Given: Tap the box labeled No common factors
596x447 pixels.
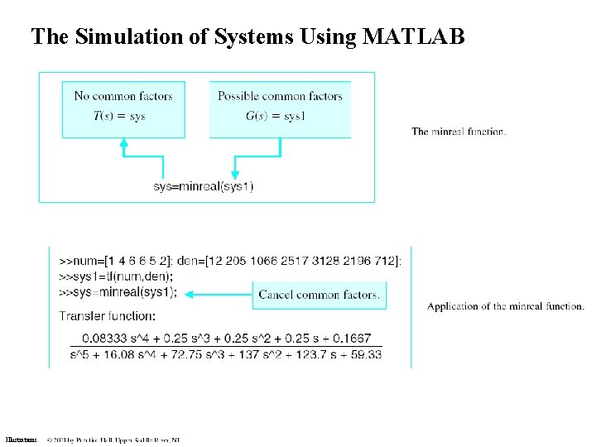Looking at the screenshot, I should tap(123, 108).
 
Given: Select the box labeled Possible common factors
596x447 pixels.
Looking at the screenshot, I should tap(280, 108).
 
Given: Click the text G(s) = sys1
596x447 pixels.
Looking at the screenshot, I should tap(275, 116).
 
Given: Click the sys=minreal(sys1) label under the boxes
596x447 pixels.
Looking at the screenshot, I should tap(204, 186).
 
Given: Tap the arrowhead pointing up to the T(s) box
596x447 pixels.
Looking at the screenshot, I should tap(124, 142).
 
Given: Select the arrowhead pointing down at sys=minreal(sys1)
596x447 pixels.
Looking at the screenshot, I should tap(235, 174).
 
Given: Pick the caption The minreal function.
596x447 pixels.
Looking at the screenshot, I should tap(459, 132).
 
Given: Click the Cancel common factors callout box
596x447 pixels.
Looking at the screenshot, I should tap(320, 295).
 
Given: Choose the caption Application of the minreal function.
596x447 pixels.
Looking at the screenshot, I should tap(506, 306).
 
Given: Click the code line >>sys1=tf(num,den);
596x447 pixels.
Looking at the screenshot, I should tap(117, 276).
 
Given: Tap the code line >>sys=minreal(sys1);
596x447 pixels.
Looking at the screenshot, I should tap(118, 292).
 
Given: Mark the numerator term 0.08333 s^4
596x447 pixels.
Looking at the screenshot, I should tap(112, 338).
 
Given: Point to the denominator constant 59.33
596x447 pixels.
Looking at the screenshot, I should tap(366, 354).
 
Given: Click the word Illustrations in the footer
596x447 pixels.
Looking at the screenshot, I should tap(21, 440).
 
